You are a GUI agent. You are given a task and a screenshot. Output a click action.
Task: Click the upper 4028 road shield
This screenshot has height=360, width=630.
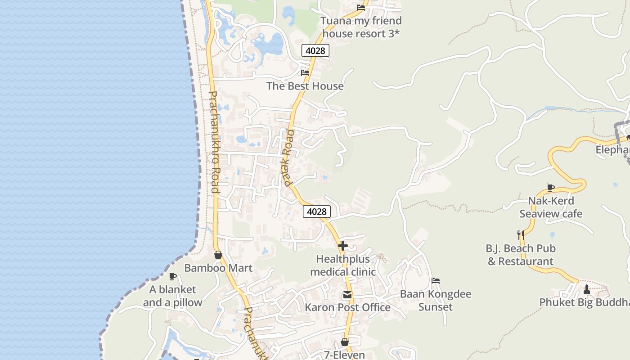[315, 50]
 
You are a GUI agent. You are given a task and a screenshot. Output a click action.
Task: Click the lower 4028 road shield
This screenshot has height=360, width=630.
[317, 211]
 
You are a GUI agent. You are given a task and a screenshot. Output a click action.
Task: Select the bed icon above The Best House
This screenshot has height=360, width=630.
[305, 72]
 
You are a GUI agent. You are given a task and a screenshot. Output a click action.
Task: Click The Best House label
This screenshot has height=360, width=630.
[305, 86]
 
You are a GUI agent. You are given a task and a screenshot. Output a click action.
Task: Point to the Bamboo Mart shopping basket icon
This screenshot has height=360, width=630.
[218, 255]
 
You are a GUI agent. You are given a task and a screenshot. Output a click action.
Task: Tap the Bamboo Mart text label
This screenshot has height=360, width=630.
[218, 268]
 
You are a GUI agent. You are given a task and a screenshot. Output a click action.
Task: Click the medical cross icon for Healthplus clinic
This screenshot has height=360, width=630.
[343, 246]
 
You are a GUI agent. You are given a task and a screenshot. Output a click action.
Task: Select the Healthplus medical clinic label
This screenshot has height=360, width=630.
[343, 265]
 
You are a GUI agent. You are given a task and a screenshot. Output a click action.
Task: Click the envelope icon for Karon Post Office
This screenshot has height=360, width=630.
[347, 295]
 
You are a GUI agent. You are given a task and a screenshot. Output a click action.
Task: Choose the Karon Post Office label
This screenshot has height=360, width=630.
[347, 307]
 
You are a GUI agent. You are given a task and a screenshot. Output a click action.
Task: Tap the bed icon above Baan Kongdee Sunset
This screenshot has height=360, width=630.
[436, 281]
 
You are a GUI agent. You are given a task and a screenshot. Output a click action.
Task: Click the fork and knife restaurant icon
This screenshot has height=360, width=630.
[521, 235]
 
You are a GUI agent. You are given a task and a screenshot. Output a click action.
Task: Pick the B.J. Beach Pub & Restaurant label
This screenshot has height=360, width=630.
[521, 255]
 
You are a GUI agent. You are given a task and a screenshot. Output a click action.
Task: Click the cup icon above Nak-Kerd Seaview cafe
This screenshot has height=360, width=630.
[550, 188]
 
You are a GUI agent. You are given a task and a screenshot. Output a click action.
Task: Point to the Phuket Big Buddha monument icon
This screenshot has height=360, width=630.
[586, 289]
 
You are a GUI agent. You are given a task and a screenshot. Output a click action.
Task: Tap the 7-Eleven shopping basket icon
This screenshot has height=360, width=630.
[345, 342]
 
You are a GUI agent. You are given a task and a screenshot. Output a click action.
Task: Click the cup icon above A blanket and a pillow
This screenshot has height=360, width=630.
[172, 276]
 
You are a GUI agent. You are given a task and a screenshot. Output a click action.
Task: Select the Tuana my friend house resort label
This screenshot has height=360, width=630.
[361, 27]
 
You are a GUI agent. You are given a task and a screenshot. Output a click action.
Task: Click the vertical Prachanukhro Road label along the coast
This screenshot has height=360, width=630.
[214, 142]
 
